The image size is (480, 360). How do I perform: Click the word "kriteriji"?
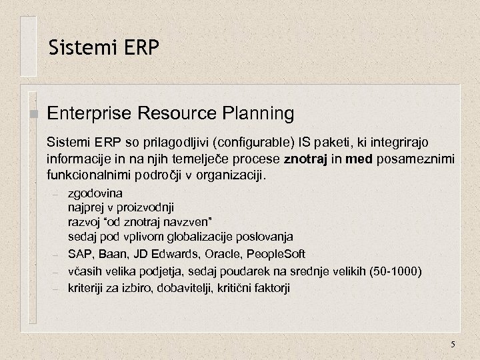(87, 288)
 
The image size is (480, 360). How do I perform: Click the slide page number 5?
(453, 344)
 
